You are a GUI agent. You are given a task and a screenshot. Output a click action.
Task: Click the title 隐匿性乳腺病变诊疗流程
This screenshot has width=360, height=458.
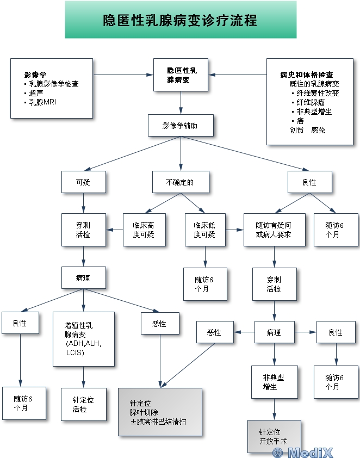(181, 20)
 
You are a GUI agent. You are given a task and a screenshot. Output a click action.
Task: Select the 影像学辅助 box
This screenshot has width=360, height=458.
(180, 125)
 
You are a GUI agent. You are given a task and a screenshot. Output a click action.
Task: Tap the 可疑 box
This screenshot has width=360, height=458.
(83, 182)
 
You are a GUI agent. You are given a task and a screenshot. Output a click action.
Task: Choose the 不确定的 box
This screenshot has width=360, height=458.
(180, 182)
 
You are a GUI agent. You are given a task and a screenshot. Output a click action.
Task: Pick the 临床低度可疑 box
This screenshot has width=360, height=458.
(204, 230)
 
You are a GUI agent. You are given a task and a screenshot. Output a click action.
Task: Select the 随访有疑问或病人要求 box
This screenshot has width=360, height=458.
(274, 230)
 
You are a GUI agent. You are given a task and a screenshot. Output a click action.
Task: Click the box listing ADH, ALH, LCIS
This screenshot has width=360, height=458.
(83, 339)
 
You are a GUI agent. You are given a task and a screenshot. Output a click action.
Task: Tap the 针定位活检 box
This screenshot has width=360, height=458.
(83, 404)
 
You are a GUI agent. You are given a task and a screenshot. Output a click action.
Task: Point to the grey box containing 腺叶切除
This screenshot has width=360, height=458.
(160, 412)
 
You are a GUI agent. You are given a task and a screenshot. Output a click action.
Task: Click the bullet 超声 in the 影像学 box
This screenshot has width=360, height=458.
(38, 93)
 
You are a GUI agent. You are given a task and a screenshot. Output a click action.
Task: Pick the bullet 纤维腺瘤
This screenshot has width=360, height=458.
(313, 102)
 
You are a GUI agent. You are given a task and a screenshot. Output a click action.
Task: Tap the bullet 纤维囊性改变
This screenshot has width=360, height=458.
(317, 93)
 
